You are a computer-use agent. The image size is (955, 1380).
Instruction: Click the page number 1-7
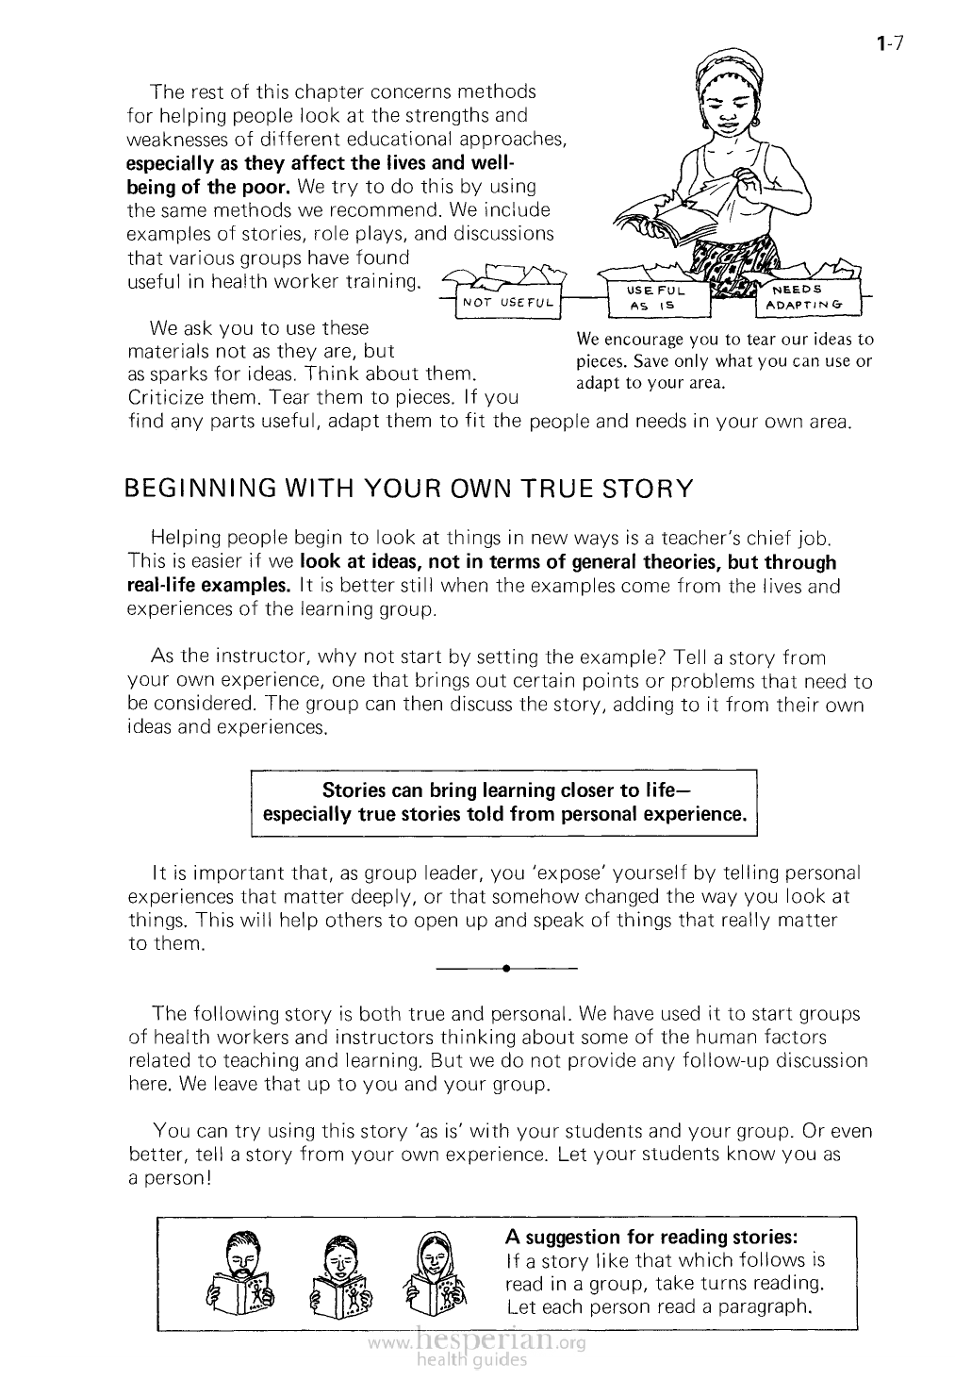pos(890,42)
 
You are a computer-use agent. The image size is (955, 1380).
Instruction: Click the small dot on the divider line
pos(506,968)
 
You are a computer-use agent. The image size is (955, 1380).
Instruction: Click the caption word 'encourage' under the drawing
pos(647,340)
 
